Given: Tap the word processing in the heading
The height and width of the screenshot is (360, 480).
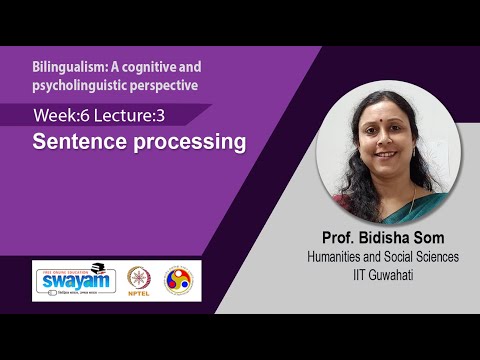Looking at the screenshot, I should click(185, 142).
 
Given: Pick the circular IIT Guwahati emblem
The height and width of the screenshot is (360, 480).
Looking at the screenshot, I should click(180, 279).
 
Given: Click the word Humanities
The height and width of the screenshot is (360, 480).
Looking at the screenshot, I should click(340, 257).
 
